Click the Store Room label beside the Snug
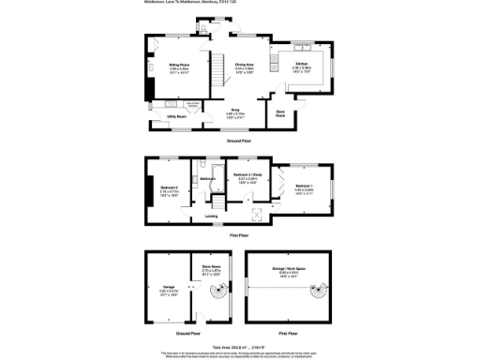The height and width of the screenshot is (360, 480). pyautogui.click(x=279, y=114)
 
